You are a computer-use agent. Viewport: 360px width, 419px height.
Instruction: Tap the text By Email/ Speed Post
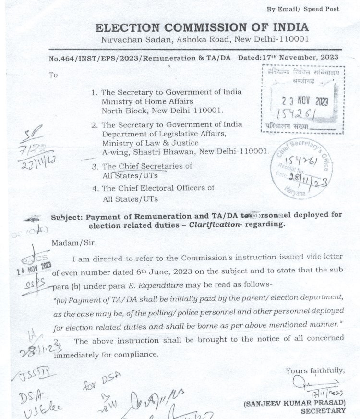pos(310,9)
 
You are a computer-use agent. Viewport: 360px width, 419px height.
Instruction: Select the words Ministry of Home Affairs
pos(147,101)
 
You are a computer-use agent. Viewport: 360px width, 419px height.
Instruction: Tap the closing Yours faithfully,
pos(315,370)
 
